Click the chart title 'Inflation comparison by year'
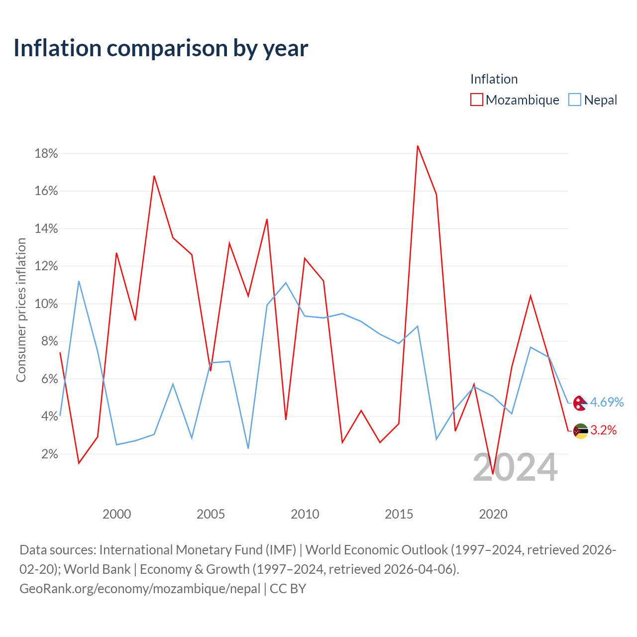[x=161, y=48]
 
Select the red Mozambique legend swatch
[x=476, y=100]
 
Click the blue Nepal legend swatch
[x=574, y=100]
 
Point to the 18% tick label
[x=46, y=153]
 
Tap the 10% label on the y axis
[x=46, y=304]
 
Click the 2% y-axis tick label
[x=50, y=454]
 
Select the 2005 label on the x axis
[x=211, y=514]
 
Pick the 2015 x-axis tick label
[x=399, y=514]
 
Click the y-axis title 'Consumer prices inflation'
[x=21, y=310]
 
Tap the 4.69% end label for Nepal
[x=607, y=402]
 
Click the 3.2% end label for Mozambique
[x=603, y=430]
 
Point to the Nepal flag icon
[x=580, y=403]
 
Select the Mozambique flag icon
[x=580, y=431]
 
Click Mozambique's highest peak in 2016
[x=418, y=146]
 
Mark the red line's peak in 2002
[x=154, y=176]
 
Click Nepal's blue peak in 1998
[x=79, y=281]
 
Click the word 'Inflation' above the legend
[x=494, y=79]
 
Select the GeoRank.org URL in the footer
[x=140, y=589]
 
